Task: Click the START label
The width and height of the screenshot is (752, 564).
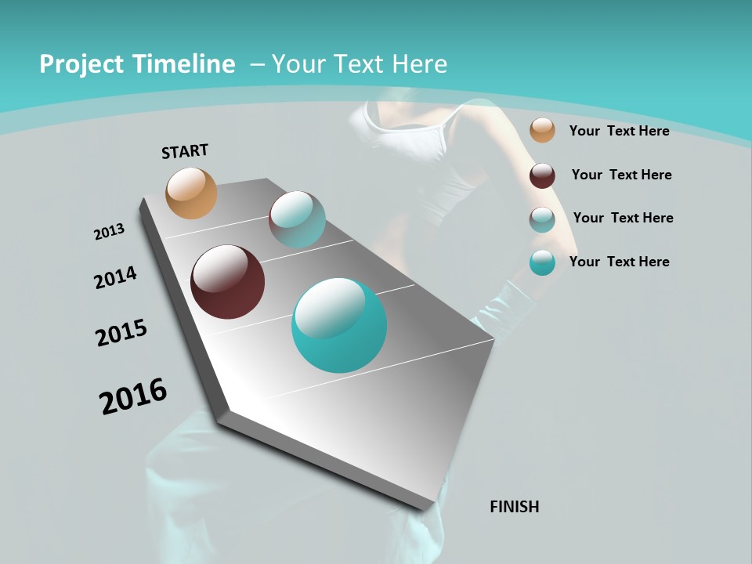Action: [x=185, y=151]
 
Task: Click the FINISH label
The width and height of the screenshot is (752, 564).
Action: [x=514, y=507]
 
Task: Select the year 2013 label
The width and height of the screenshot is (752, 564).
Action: [x=109, y=232]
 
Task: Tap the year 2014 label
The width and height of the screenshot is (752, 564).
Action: [x=115, y=277]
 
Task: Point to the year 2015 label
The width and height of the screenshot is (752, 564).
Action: [x=121, y=333]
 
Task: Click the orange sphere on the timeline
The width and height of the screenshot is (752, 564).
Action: [x=191, y=193]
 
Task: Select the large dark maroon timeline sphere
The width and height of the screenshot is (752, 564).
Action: [x=228, y=282]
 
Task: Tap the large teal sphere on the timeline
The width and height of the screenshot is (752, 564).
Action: [x=339, y=324]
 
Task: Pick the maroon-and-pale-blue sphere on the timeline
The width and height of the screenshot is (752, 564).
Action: [x=297, y=219]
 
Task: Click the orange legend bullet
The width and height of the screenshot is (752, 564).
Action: [x=542, y=130]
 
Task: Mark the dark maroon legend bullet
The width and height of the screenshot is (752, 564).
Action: [x=542, y=175]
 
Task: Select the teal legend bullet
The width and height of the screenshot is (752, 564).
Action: [x=542, y=262]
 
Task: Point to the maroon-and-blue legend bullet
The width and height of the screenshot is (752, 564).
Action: [x=542, y=219]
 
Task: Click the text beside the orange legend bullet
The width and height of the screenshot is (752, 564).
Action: [x=619, y=131]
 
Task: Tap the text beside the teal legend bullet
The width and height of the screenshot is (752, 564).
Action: [x=619, y=262]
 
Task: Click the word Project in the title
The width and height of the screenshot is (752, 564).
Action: [x=80, y=64]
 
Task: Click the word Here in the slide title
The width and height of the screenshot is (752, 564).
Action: [x=420, y=64]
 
